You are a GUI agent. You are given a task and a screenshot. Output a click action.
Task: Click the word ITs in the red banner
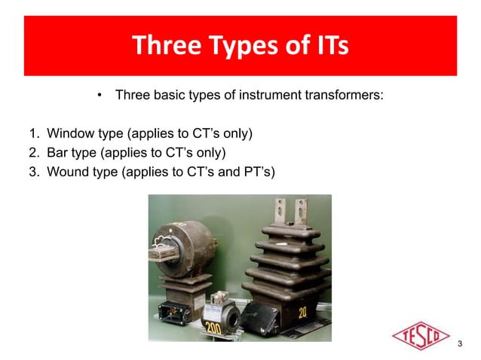pos(328,47)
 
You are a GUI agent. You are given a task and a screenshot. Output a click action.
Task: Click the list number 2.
pos(33,154)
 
